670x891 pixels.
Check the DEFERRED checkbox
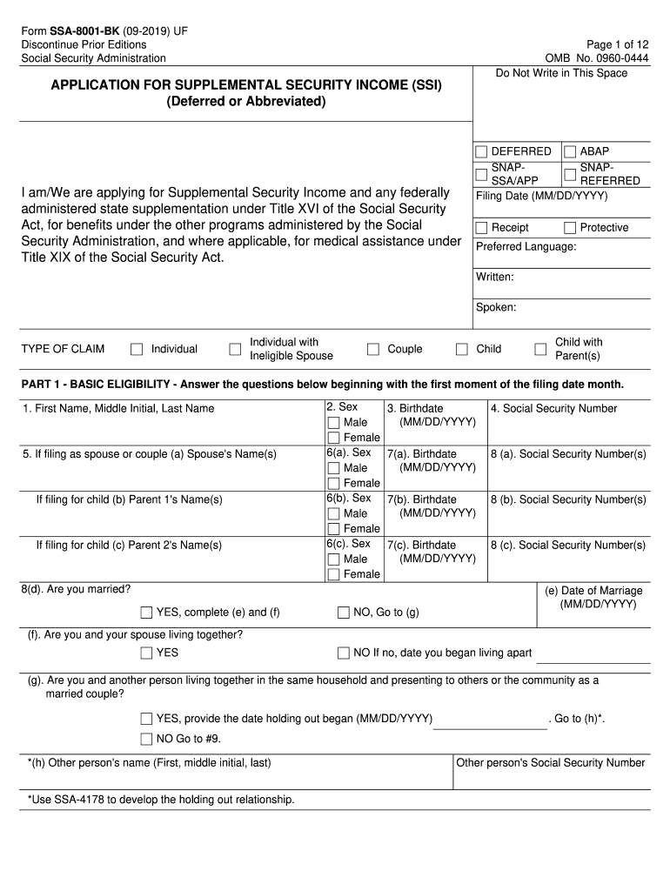tap(482, 151)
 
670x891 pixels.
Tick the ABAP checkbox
tap(571, 151)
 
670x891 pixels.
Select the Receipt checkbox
tap(482, 228)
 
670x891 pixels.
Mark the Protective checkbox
tap(571, 228)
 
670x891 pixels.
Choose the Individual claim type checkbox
tap(137, 350)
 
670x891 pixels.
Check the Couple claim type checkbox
tap(373, 350)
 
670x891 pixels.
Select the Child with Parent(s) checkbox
tap(540, 350)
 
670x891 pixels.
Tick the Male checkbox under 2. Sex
tap(333, 423)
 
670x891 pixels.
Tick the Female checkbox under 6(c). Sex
tap(333, 574)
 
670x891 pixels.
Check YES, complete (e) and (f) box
tap(146, 613)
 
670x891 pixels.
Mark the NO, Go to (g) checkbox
tap(344, 613)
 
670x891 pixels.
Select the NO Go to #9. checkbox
tap(146, 740)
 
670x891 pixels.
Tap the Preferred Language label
tap(526, 247)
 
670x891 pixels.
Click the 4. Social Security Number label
tap(553, 409)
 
